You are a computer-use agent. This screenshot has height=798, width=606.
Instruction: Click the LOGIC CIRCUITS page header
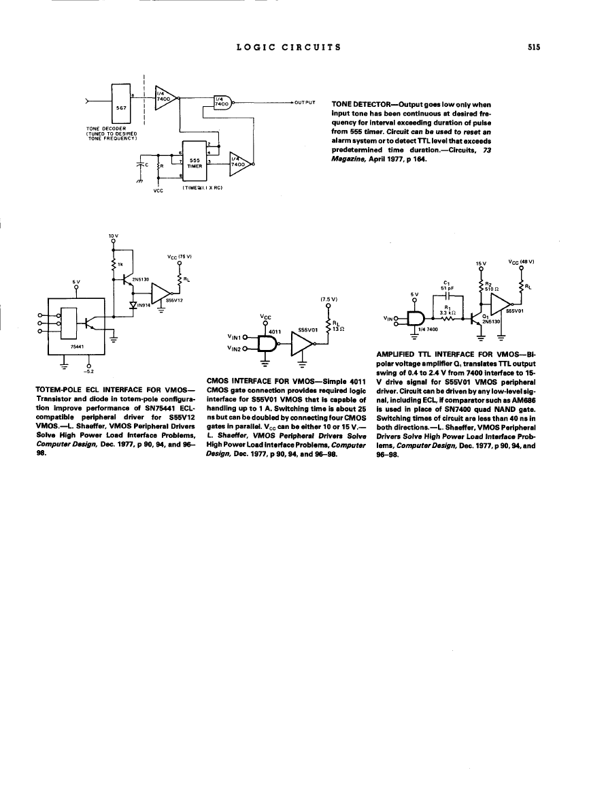[x=288, y=47]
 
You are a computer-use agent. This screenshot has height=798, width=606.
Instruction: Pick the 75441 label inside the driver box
[x=62, y=345]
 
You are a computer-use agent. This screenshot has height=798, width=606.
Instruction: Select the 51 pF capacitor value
[x=446, y=287]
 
